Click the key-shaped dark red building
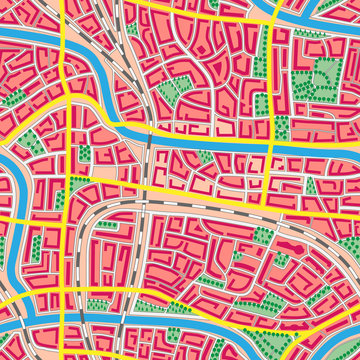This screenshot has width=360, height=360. coord(295,244)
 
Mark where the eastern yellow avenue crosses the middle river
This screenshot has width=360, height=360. coord(272,145)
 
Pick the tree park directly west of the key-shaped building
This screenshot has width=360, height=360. coord(264,237)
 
